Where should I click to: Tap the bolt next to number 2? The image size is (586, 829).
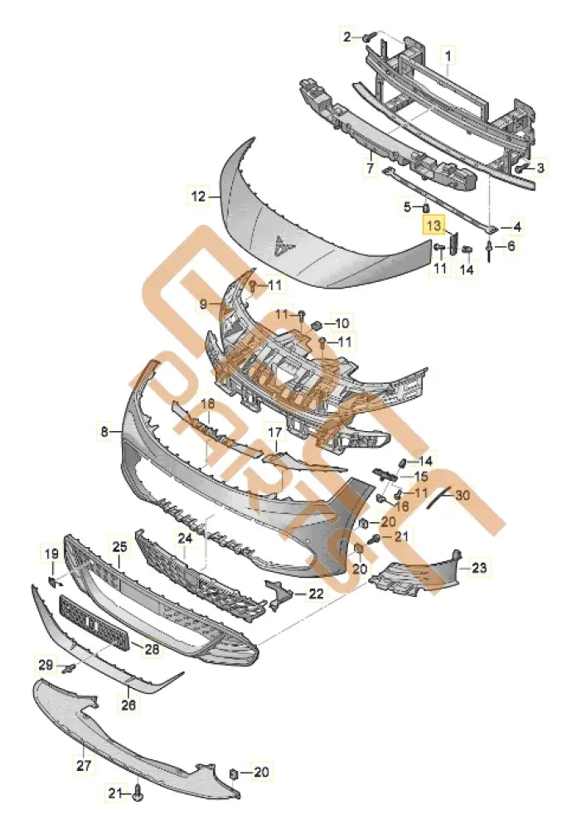(x=368, y=36)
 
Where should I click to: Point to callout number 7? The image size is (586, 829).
(x=370, y=168)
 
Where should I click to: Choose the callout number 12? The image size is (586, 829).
(x=197, y=197)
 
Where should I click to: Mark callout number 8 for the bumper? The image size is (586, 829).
(x=104, y=431)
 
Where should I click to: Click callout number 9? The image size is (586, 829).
(x=203, y=305)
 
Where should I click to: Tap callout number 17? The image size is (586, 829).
(x=274, y=431)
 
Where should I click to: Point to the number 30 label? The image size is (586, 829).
(x=462, y=495)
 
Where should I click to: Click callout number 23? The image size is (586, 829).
(x=479, y=568)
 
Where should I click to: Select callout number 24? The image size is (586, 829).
(x=185, y=538)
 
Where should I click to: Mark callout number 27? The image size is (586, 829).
(x=84, y=767)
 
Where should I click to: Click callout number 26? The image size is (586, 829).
(x=128, y=705)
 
